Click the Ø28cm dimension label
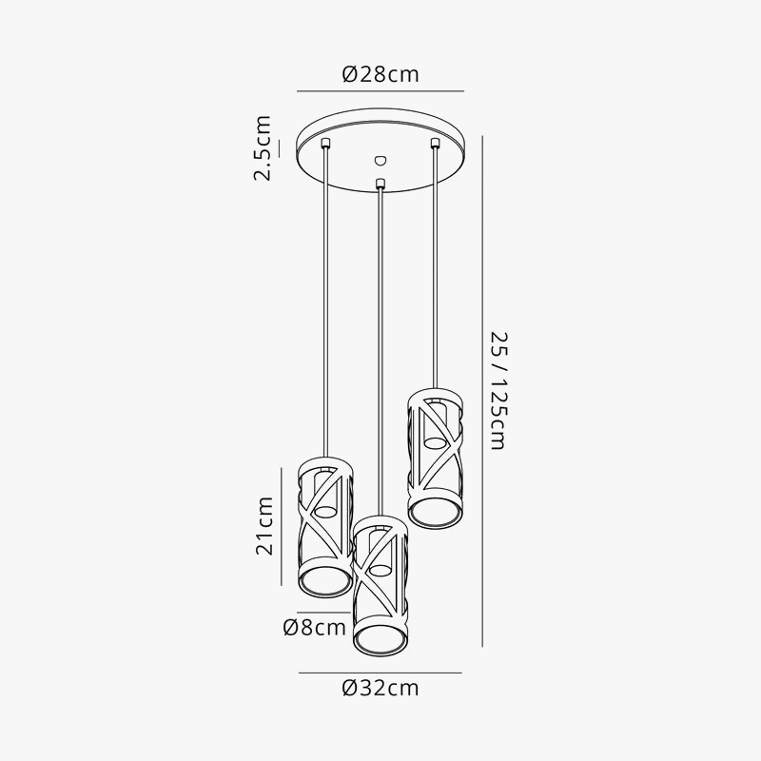(x=380, y=74)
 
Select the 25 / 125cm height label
(x=498, y=390)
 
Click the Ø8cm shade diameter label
(x=314, y=627)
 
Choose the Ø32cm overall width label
(x=380, y=688)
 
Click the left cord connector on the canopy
(x=326, y=143)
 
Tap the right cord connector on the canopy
(x=436, y=143)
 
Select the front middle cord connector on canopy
(x=380, y=182)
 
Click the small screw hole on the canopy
(x=380, y=160)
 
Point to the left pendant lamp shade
(x=326, y=529)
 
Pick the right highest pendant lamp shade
(x=436, y=459)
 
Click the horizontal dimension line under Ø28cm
(x=380, y=91)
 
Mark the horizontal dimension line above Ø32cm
(x=380, y=673)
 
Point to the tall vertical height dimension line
(x=482, y=390)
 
